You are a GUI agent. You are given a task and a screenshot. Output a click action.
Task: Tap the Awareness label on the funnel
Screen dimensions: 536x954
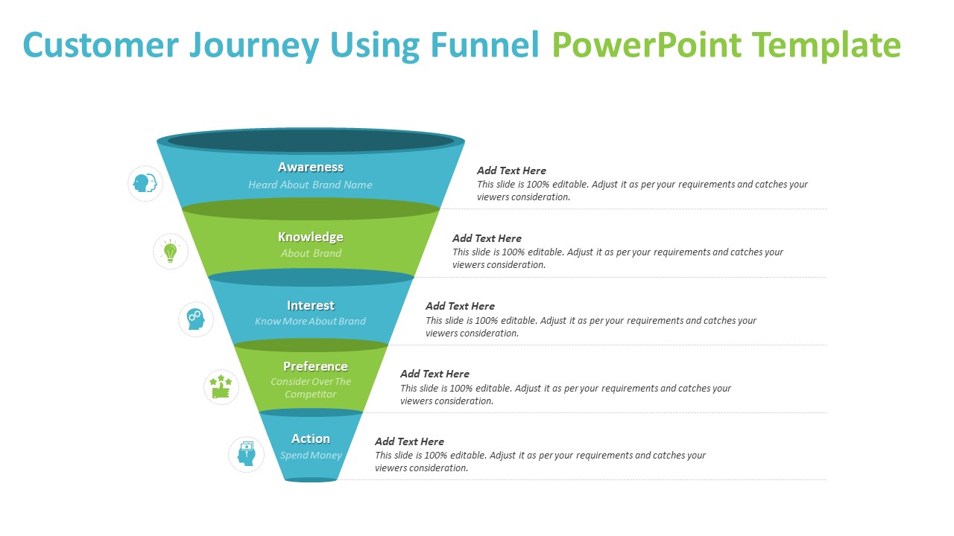pyautogui.click(x=311, y=167)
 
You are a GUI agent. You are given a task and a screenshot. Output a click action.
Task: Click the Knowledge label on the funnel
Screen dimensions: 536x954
pyautogui.click(x=311, y=237)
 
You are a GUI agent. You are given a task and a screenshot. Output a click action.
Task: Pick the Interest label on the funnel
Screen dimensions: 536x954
pyautogui.click(x=311, y=305)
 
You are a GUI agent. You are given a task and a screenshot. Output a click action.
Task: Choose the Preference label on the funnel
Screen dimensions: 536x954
pyautogui.click(x=315, y=366)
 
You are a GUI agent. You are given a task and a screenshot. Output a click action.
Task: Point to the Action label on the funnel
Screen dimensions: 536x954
pyautogui.click(x=311, y=438)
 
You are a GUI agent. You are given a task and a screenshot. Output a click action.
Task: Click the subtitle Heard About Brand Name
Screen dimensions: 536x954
pyautogui.click(x=311, y=185)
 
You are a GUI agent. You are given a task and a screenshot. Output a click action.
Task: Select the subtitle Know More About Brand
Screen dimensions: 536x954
pyautogui.click(x=311, y=322)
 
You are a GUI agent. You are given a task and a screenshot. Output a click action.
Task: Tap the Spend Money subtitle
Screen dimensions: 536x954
pyautogui.click(x=311, y=456)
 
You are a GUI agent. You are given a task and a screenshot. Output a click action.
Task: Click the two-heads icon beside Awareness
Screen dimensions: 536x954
pyautogui.click(x=145, y=183)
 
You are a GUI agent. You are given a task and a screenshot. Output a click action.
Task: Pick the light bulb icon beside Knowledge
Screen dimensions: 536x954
pyautogui.click(x=171, y=252)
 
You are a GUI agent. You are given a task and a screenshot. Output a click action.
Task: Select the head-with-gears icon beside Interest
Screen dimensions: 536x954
pyautogui.click(x=195, y=319)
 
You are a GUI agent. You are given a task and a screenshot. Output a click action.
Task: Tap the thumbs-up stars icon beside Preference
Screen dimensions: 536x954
pyautogui.click(x=221, y=387)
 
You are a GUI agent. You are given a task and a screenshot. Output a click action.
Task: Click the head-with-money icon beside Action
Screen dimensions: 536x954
pyautogui.click(x=246, y=454)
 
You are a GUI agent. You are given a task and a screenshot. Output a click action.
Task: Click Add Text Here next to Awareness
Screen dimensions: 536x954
pyautogui.click(x=511, y=170)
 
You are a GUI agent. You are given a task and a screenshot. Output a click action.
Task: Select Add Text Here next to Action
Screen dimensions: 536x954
pyautogui.click(x=409, y=441)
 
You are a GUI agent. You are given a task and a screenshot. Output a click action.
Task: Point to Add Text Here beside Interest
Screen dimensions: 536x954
pyautogui.click(x=460, y=306)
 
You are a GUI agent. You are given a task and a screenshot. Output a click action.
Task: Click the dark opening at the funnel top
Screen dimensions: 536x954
pyautogui.click(x=311, y=141)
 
